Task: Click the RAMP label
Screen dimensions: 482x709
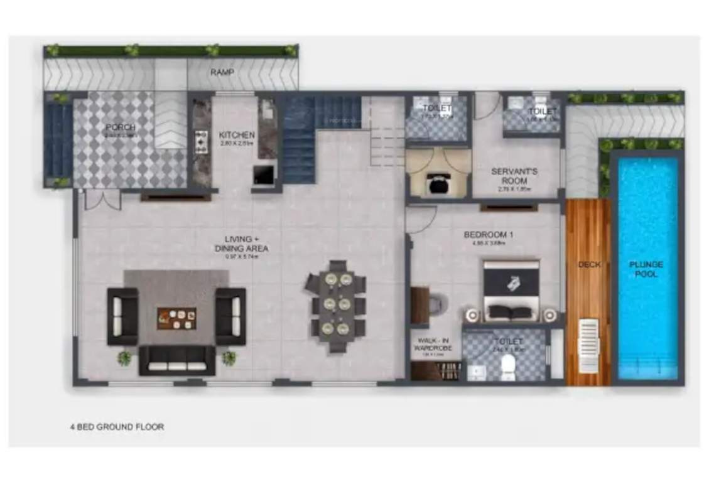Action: point(222,73)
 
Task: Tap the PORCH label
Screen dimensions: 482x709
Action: point(121,127)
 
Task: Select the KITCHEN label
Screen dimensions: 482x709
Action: point(237,135)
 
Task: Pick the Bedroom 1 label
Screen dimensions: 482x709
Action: point(489,235)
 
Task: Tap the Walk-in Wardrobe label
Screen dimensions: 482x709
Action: point(432,345)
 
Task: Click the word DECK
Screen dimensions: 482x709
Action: point(588,265)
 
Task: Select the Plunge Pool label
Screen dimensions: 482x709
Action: point(646,269)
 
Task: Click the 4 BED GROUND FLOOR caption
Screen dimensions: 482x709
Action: point(117,427)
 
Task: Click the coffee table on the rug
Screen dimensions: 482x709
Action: point(176,318)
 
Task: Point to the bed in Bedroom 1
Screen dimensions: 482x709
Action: point(511,292)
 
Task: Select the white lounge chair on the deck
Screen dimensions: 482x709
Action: point(588,345)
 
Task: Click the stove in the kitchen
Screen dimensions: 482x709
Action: point(202,142)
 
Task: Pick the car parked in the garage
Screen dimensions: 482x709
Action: point(436,182)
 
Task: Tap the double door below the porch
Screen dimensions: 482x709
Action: point(102,200)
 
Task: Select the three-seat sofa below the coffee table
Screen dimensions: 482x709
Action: point(176,360)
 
